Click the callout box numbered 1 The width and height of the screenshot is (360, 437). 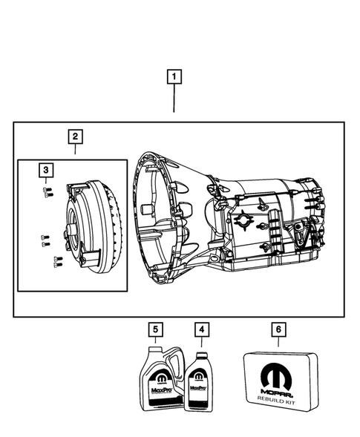pyautogui.click(x=174, y=76)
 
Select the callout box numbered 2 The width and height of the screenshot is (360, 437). pyautogui.click(x=75, y=137)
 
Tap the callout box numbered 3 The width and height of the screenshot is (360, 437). pyautogui.click(x=46, y=171)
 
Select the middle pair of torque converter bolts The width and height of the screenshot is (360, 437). pyautogui.click(x=45, y=240)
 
